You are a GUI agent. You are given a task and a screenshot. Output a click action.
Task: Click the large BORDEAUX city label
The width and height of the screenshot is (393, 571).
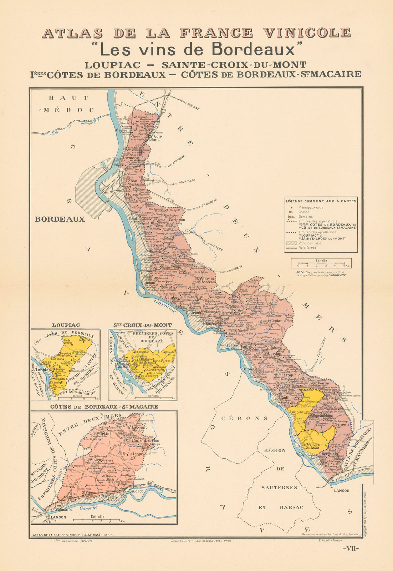(60, 219)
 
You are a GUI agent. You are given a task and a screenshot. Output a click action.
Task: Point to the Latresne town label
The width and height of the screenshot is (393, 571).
(156, 245)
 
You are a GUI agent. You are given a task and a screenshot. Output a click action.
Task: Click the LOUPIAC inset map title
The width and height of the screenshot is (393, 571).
(66, 325)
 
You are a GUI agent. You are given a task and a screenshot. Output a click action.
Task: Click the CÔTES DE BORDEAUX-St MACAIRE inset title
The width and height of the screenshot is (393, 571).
(104, 406)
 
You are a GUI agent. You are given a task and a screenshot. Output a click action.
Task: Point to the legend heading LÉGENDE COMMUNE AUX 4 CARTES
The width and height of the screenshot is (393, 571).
(321, 201)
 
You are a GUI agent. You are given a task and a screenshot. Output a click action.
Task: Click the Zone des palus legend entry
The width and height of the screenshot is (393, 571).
(311, 243)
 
